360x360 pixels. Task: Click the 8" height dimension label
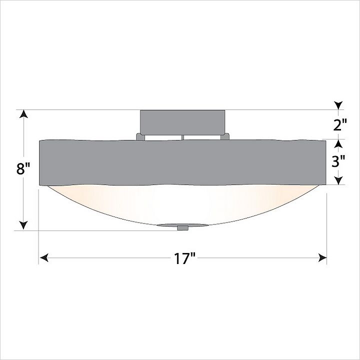click(23, 169)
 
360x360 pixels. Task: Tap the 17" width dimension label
click(184, 258)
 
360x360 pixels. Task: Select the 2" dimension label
click(340, 125)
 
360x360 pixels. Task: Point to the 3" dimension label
click(338, 161)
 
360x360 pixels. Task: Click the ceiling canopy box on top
click(182, 122)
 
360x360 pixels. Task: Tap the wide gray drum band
click(182, 162)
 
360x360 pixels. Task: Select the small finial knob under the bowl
click(183, 228)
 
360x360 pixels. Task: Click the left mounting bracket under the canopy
click(140, 136)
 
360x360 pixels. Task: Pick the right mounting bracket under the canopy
click(225, 136)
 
